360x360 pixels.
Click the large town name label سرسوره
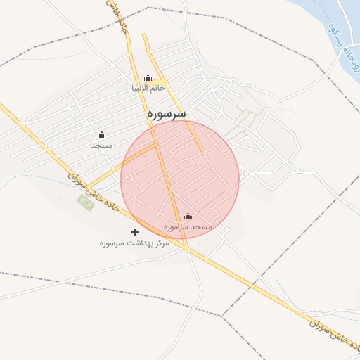(167, 112)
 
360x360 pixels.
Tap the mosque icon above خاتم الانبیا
(148, 78)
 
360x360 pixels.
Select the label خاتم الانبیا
(148, 89)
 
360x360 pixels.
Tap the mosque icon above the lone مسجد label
(101, 134)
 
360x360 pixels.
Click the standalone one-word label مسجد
(102, 144)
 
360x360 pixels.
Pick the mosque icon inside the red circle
(188, 217)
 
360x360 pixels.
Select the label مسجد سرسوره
(188, 227)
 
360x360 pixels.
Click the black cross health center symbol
(135, 232)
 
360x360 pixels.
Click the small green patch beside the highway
(85, 202)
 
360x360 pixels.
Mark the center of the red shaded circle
(180, 180)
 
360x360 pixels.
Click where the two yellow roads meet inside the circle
(159, 147)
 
